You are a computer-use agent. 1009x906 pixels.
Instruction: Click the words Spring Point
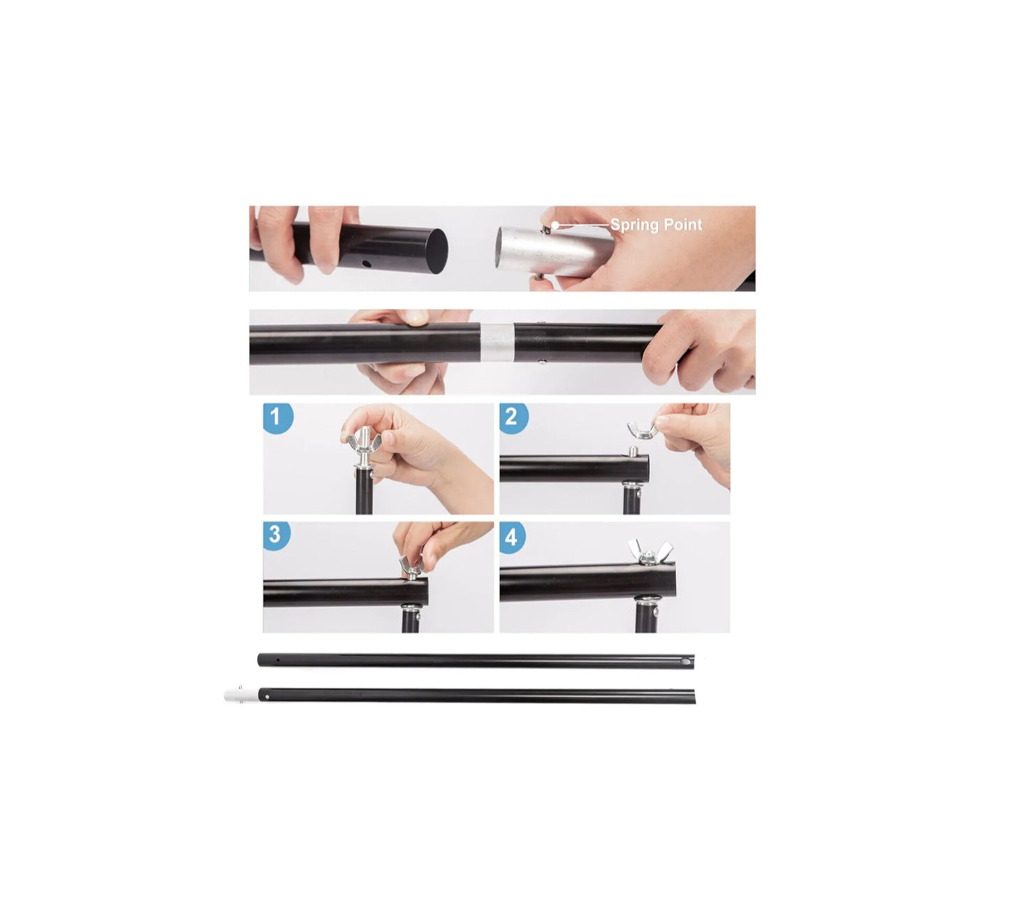(x=656, y=225)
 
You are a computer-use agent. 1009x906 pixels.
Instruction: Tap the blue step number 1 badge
(x=277, y=418)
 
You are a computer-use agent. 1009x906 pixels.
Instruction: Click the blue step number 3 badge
(x=276, y=536)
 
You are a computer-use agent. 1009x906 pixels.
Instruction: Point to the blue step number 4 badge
(x=512, y=537)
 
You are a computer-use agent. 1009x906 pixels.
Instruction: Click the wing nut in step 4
(x=649, y=551)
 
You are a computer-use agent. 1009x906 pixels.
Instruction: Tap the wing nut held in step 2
(x=642, y=430)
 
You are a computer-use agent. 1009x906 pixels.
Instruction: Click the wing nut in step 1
(x=364, y=440)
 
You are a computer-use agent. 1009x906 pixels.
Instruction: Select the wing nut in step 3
(x=411, y=566)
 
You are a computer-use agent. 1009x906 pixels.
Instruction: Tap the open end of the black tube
(x=437, y=251)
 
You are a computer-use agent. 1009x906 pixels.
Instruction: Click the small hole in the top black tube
(x=366, y=263)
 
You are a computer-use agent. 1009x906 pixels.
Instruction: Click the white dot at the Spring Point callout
(x=555, y=225)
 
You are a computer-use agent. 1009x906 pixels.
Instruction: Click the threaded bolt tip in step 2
(x=633, y=452)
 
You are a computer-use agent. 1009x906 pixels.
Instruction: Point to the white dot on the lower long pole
(x=267, y=696)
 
